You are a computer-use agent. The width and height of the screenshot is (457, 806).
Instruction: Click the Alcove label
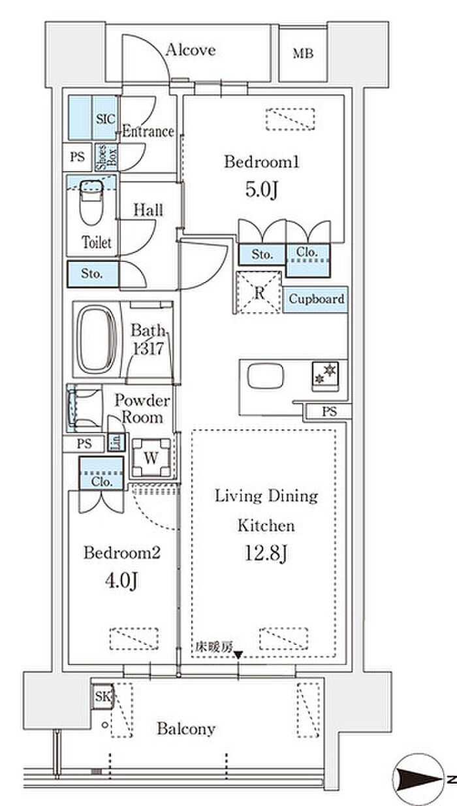click(x=191, y=50)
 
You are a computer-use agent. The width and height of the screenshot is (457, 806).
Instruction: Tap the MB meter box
click(x=303, y=54)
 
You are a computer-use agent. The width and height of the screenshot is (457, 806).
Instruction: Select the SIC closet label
click(x=105, y=119)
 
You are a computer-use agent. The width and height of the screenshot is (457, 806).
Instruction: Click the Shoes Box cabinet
click(x=106, y=157)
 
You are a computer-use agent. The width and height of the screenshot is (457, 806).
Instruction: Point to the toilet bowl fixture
click(x=91, y=202)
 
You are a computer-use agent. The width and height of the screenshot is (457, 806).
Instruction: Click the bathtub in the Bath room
click(x=97, y=339)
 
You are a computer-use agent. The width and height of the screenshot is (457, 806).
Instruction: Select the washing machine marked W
click(x=151, y=458)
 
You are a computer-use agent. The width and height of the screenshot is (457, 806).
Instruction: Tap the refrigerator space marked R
click(x=259, y=292)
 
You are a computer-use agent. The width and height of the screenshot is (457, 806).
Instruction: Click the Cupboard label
click(x=317, y=298)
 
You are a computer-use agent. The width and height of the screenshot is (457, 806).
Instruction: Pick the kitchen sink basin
click(x=265, y=376)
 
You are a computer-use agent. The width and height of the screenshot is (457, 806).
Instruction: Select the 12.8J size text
click(x=266, y=553)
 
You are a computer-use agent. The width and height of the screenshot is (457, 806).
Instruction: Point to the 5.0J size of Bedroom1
click(x=262, y=190)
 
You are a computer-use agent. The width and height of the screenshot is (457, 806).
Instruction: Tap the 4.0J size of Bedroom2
click(x=121, y=581)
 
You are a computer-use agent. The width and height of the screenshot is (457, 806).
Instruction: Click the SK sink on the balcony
click(x=102, y=697)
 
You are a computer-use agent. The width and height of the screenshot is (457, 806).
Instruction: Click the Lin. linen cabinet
click(x=116, y=443)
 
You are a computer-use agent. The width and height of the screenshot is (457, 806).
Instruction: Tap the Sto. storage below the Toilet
click(x=93, y=274)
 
